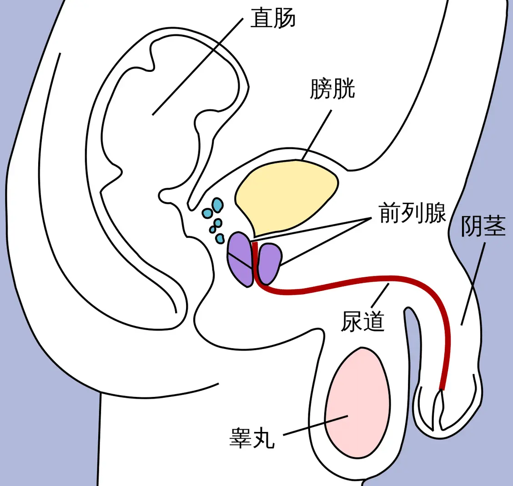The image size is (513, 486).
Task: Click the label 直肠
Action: point(273,19)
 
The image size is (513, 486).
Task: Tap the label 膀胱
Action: point(332,89)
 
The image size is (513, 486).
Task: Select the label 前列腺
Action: point(412,213)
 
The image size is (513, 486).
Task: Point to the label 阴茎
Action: point(483,226)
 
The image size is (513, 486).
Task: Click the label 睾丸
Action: point(252,438)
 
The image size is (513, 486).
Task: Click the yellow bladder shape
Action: point(287,193)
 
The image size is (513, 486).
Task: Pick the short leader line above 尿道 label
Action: point(380,295)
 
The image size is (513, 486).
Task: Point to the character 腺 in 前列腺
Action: point(435,213)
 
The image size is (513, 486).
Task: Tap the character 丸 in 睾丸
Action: point(263,438)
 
